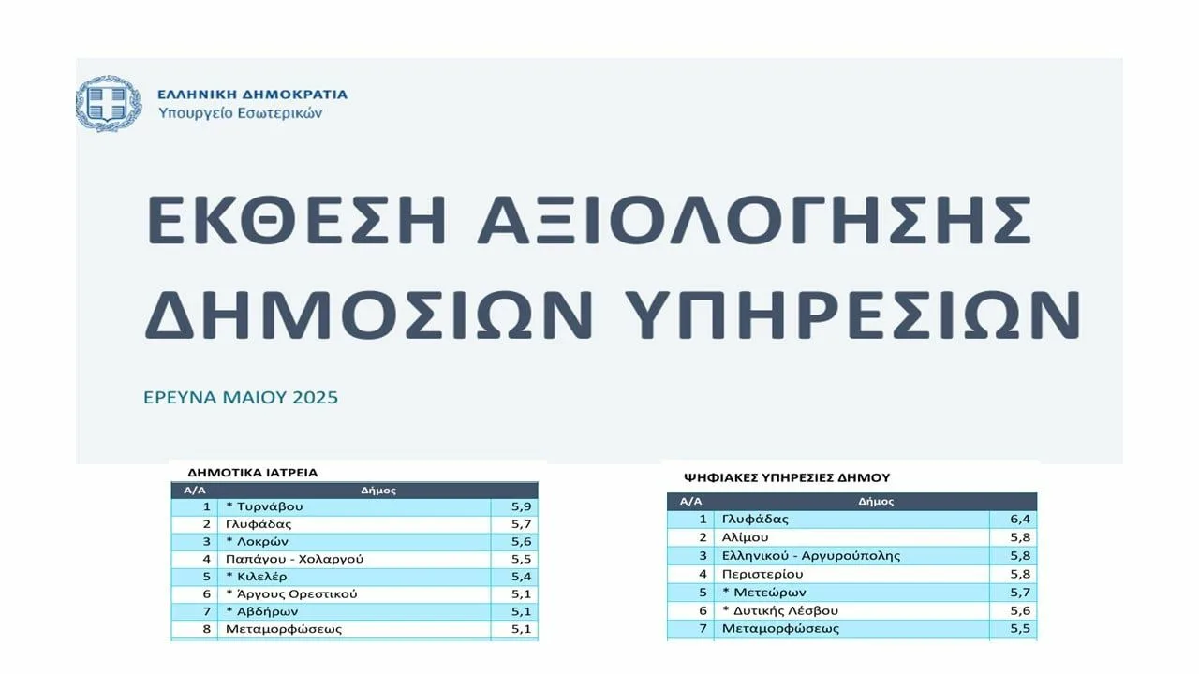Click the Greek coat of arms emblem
[x=109, y=104]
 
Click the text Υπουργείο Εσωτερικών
[x=241, y=113]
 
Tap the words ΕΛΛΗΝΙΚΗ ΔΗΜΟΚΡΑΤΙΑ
[x=252, y=95]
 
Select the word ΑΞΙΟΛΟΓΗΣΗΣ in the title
[x=754, y=220]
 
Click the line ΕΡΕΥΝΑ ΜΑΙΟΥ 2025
[x=241, y=398]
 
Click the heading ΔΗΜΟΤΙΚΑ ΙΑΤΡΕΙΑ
[x=253, y=473]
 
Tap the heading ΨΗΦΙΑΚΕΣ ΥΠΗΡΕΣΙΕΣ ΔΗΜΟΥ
[x=787, y=477]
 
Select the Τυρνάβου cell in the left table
[x=264, y=506]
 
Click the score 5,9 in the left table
[x=521, y=506]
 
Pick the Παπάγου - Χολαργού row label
[x=294, y=559]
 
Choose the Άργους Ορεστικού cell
[x=291, y=594]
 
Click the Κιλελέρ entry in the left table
[x=257, y=577]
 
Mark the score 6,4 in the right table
[x=1020, y=519]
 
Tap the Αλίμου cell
[x=745, y=537]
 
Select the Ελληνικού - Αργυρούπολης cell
[x=811, y=556]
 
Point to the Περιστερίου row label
[x=762, y=575]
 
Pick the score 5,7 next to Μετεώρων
[x=1020, y=593]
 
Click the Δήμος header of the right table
[x=876, y=502]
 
